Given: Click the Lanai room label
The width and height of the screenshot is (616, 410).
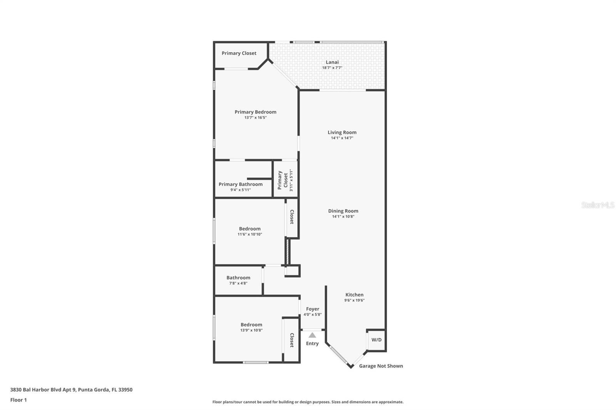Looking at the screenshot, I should [332, 62].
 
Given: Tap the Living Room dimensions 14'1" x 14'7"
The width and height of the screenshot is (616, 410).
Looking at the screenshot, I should [342, 138].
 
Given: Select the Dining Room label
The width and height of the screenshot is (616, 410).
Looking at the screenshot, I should [343, 211].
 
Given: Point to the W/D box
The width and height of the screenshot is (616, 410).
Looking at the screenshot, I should [376, 340].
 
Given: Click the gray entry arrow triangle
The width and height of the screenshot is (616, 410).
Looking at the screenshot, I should [312, 335].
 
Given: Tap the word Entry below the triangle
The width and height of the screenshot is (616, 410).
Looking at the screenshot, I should [312, 343].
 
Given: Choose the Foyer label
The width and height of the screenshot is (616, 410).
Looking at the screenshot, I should [312, 309].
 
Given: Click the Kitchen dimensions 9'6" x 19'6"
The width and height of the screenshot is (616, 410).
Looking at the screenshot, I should [354, 300].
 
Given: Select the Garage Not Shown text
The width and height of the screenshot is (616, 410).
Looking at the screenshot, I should [381, 366].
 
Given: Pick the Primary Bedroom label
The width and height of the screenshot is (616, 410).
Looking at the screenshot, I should [255, 112].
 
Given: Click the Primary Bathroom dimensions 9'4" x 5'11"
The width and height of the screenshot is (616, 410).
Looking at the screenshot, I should [240, 190].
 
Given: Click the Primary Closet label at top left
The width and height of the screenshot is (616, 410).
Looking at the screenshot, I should [239, 53].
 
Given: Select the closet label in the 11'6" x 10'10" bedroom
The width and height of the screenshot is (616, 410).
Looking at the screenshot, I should [292, 217].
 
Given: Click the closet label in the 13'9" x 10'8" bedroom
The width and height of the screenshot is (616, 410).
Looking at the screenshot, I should [292, 340].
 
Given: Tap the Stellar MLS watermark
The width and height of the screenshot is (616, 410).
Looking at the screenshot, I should [598, 205].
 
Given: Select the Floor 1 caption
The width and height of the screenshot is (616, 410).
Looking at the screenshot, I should [18, 400].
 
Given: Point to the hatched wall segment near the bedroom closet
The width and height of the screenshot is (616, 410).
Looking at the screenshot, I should [287, 252].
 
